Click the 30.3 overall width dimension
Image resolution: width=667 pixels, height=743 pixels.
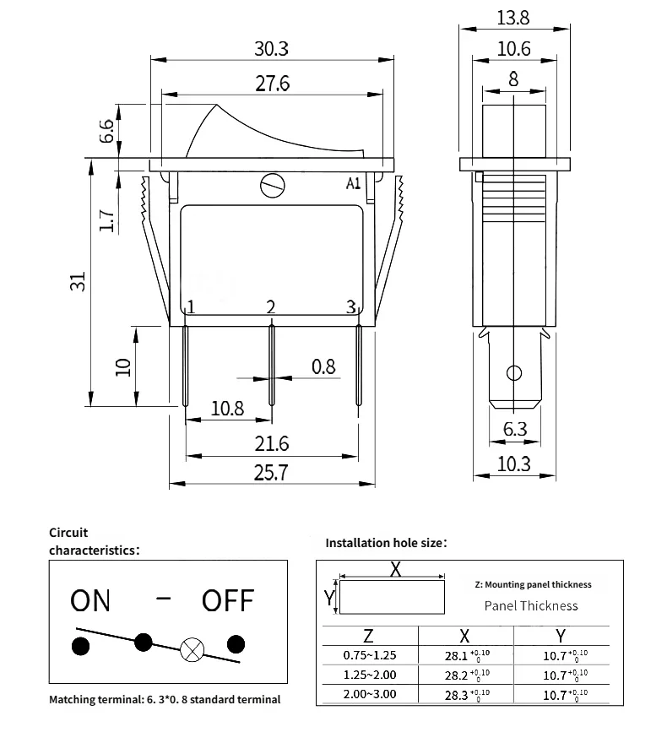[x=271, y=49]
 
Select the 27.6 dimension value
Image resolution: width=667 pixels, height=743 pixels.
[x=271, y=84]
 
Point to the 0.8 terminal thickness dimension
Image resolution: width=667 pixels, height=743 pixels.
[x=323, y=366]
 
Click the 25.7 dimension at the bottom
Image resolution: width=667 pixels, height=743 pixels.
[x=271, y=473]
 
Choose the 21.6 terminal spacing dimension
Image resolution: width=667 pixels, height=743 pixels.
[x=271, y=443]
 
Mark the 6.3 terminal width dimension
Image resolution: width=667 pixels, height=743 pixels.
[x=514, y=429]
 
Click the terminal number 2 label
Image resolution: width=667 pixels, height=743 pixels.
[x=271, y=306]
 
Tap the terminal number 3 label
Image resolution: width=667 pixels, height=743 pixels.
[x=351, y=306]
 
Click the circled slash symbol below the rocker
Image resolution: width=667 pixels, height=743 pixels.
[x=272, y=184]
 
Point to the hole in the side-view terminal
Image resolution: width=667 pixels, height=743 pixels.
[x=513, y=372]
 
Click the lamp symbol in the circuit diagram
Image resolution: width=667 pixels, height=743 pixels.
[x=191, y=648]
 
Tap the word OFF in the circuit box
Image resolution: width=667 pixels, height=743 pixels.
[x=228, y=600]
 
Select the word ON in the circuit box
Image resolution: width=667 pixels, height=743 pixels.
[x=90, y=600]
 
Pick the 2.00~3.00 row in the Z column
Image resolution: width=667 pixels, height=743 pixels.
[x=369, y=694]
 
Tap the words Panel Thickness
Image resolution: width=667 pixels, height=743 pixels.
[x=531, y=605]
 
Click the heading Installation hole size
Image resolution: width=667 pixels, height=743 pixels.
[x=386, y=543]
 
